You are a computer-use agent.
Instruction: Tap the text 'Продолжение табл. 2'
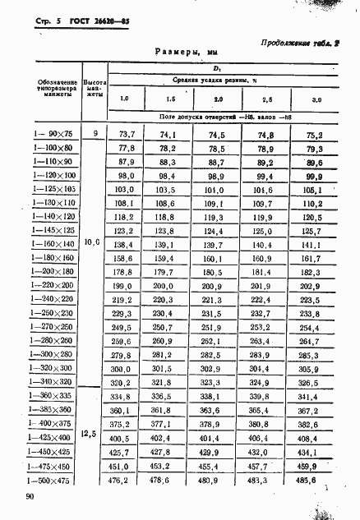pyautogui.click(x=301, y=44)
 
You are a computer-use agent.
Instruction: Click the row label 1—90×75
pyautogui.click(x=52, y=132)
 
